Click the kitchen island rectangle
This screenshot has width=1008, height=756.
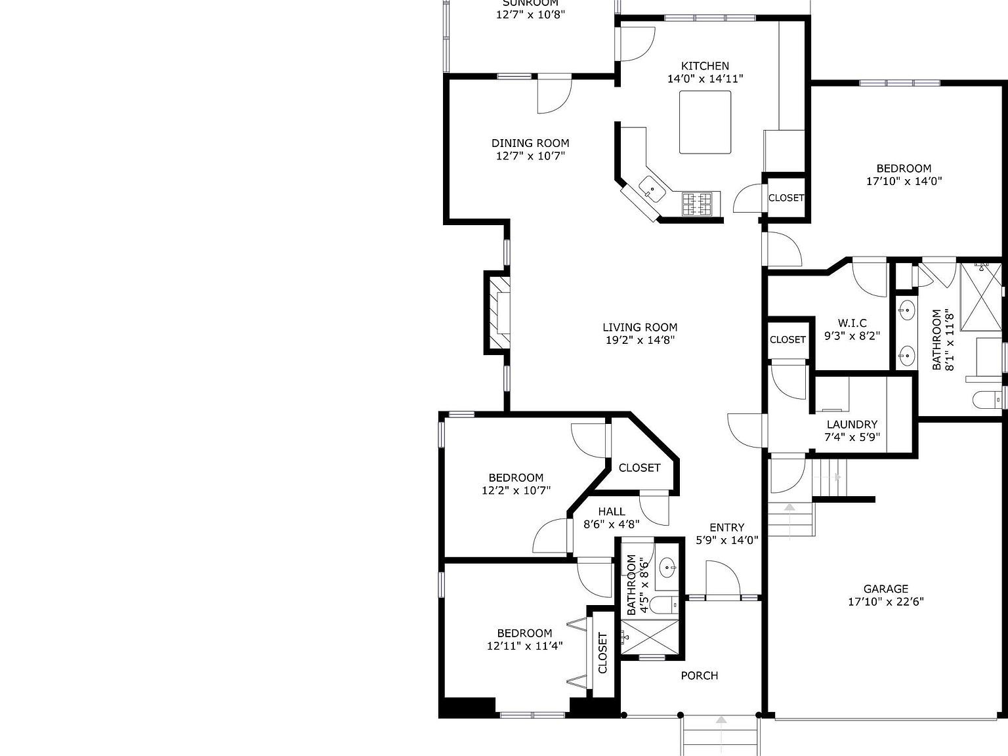(705, 122)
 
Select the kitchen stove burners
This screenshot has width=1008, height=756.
(696, 203)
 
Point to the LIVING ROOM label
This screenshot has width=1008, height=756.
(639, 327)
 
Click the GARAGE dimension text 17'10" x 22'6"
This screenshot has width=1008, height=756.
(885, 601)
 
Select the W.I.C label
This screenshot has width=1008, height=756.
(852, 323)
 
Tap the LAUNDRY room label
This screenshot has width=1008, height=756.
(852, 425)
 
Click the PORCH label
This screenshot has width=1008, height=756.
(699, 675)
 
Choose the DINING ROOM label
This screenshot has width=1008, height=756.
(530, 143)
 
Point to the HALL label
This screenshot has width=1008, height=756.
(611, 512)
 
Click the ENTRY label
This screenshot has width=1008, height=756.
(726, 528)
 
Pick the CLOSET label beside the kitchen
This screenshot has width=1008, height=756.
(786, 198)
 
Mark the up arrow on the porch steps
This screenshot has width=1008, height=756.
(721, 721)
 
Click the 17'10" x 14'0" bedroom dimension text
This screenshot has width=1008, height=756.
(904, 181)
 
